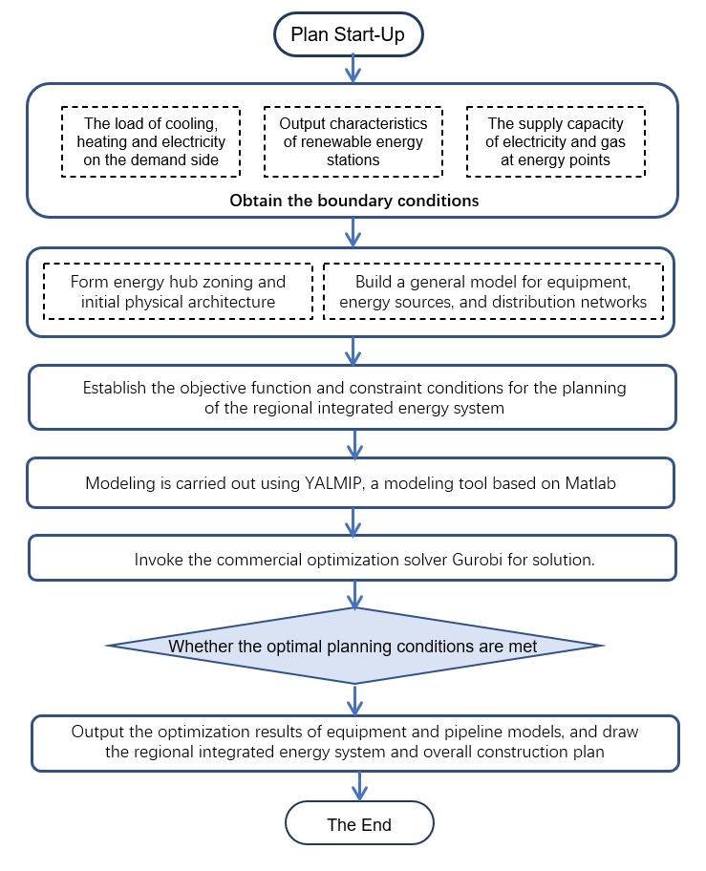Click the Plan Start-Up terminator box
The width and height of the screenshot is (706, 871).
click(348, 35)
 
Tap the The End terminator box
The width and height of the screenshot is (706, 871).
click(359, 824)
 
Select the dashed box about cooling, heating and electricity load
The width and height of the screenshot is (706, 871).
click(150, 141)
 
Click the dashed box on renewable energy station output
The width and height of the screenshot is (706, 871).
click(353, 141)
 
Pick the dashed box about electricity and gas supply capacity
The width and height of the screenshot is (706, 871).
click(555, 141)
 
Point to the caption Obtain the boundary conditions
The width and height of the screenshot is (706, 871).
click(353, 201)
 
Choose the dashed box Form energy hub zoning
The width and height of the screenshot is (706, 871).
click(178, 291)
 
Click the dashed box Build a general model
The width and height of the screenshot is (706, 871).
click(493, 291)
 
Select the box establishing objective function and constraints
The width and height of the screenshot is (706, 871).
click(353, 397)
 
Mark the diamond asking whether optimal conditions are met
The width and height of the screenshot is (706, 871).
click(353, 647)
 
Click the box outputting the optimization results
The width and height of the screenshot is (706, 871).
click(355, 742)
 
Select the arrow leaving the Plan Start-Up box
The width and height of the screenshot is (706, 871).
click(353, 68)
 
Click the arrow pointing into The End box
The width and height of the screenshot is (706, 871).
click(359, 786)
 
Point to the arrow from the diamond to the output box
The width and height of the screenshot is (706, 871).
click(354, 699)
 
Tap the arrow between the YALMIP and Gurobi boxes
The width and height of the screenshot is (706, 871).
click(353, 521)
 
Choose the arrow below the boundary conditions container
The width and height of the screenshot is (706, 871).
click(353, 232)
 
